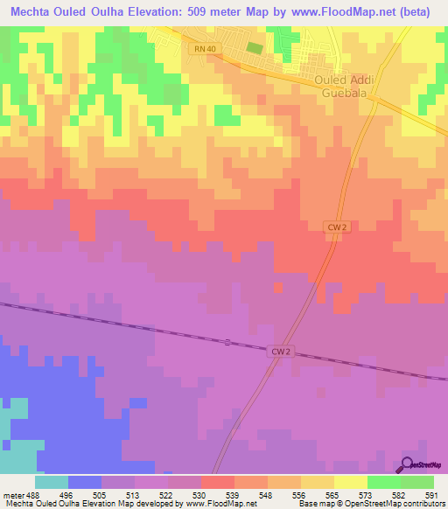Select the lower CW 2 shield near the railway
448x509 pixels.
click(279, 351)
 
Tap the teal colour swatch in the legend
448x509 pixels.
click(51, 482)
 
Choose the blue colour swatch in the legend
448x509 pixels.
click(84, 482)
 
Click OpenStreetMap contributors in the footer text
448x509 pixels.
click(398, 504)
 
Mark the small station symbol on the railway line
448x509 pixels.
click(227, 342)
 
